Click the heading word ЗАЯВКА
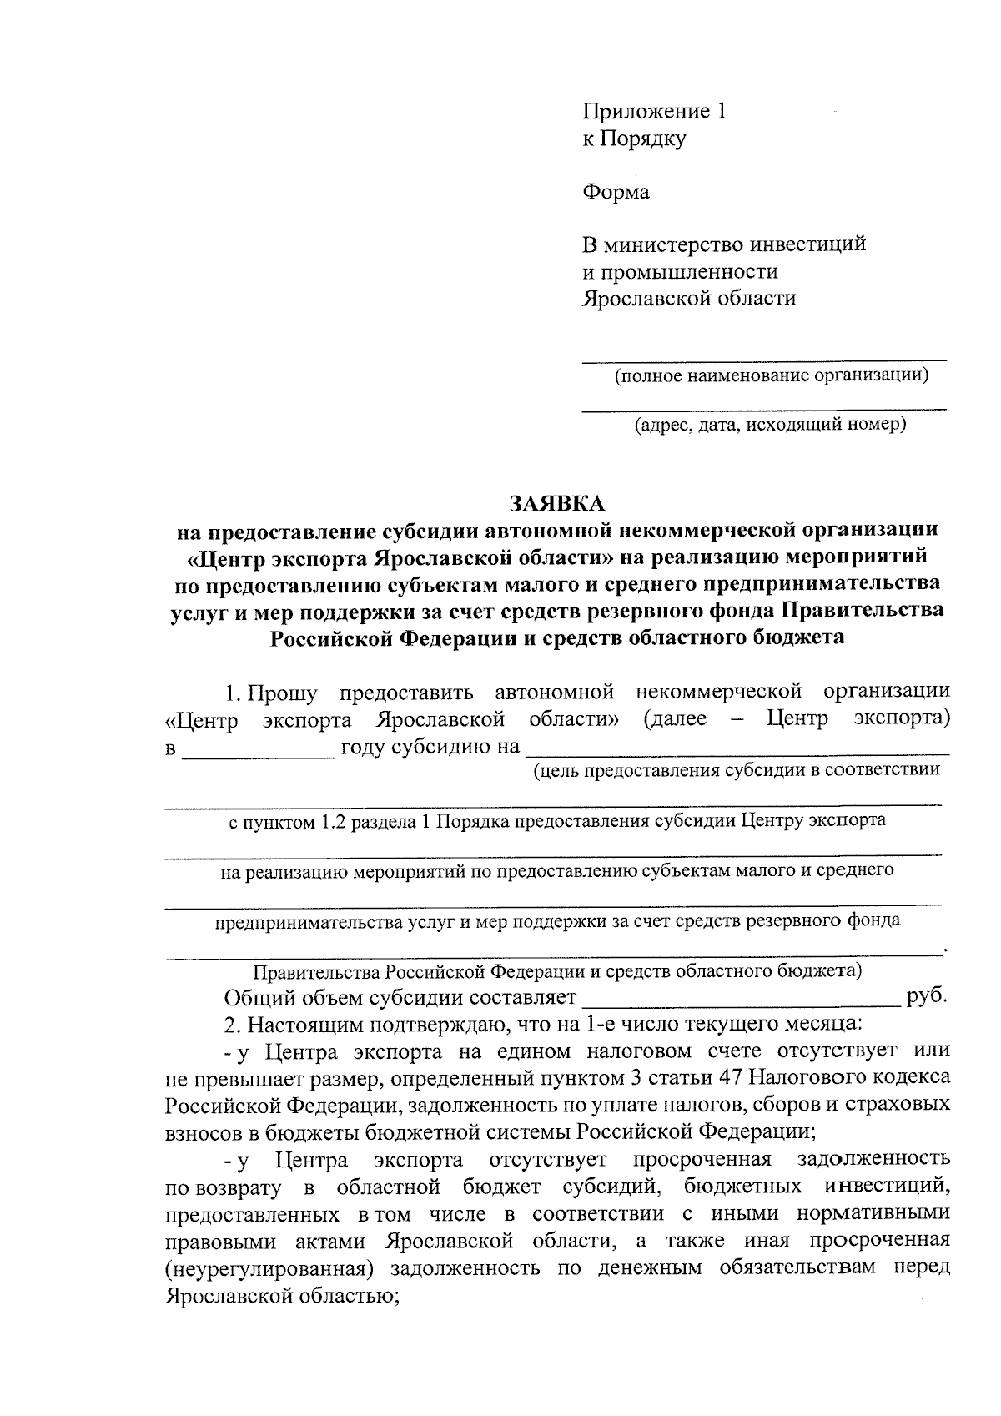[x=556, y=505]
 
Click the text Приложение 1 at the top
[x=654, y=112]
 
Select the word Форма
[x=615, y=192]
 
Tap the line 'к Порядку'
[x=633, y=139]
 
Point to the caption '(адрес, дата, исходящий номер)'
[x=770, y=426]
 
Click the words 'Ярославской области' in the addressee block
[x=688, y=299]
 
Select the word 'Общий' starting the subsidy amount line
[x=255, y=999]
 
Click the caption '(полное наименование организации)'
[x=772, y=375]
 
